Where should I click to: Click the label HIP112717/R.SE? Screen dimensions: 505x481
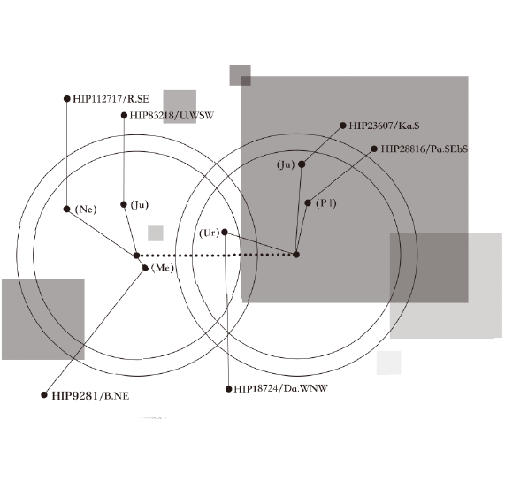111,99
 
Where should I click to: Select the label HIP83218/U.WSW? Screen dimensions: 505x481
172,116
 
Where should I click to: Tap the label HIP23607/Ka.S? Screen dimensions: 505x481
384,126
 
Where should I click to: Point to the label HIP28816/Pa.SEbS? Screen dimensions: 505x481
425,149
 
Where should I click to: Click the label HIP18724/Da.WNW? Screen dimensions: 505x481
280,388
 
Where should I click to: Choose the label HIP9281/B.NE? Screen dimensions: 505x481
90,396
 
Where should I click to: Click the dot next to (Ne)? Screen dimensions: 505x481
66,210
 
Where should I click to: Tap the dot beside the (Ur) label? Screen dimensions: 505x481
225,233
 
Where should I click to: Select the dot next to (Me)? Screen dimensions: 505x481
145,268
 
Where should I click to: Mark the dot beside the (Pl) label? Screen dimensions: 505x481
308,202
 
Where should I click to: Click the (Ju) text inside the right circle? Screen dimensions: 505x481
286,164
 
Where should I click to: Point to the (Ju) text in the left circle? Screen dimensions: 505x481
140,205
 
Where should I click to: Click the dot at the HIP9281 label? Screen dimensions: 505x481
44,395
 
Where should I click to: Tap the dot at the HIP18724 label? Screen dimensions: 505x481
229,389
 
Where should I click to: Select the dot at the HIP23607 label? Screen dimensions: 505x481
343,126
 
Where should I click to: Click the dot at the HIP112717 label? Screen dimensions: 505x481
67,98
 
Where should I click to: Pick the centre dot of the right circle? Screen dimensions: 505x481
296,255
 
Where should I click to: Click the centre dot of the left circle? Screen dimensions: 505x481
136,256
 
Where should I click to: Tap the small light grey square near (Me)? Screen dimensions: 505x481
156,233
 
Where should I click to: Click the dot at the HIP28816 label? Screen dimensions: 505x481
374,149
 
